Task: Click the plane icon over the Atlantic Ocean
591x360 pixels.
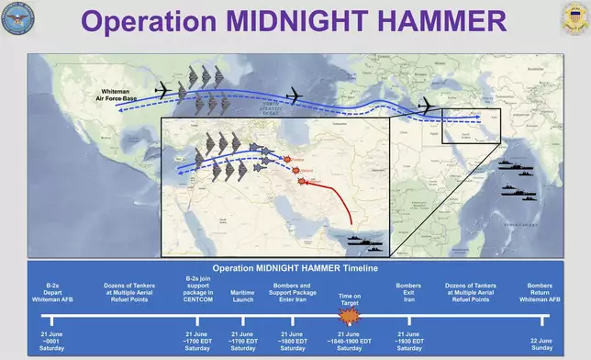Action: tap(294, 95)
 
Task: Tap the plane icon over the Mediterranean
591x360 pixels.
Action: tap(427, 107)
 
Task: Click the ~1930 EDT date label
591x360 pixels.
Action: tap(408, 343)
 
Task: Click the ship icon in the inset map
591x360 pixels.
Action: tap(365, 241)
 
